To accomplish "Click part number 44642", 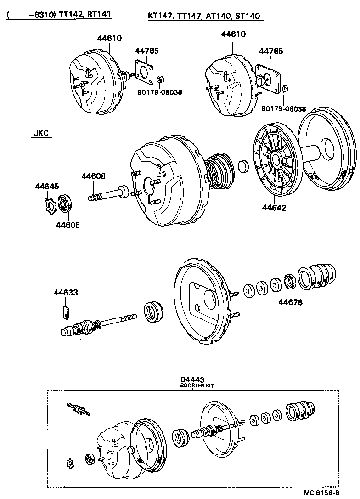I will tap(274, 208).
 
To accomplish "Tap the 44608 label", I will tap(94, 176).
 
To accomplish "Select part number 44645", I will tap(47, 186).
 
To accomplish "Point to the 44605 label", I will tap(67, 225).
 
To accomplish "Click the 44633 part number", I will tap(66, 292).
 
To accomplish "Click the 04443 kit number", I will tap(192, 380).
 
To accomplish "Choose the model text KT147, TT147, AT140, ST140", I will tap(204, 16).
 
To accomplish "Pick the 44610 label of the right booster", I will tap(233, 34).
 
